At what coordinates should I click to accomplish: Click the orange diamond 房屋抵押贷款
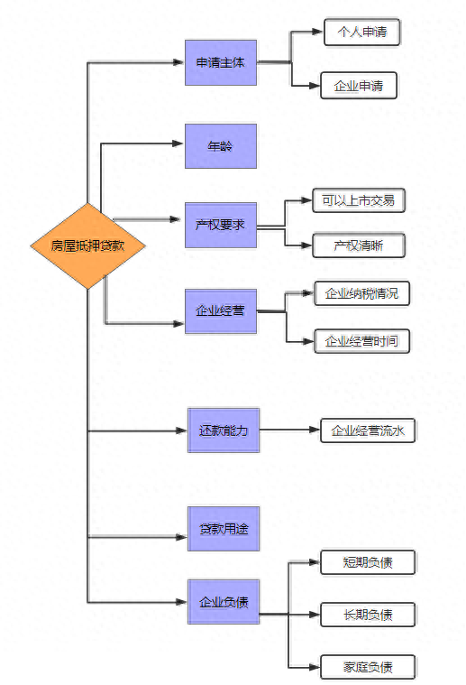click(x=87, y=245)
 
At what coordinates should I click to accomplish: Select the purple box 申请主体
click(x=220, y=62)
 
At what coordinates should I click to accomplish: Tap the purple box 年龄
click(x=220, y=145)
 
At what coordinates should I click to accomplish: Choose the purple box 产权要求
click(x=220, y=224)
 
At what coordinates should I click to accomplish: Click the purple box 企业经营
click(x=220, y=311)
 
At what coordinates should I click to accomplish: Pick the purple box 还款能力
click(x=223, y=430)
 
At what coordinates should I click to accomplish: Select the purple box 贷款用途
click(x=223, y=529)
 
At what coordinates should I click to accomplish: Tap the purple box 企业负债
click(x=223, y=601)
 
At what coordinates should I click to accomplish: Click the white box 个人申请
click(x=361, y=32)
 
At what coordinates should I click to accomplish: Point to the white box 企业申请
click(x=359, y=87)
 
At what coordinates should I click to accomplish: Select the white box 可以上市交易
click(x=358, y=200)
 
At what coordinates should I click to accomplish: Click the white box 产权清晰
click(x=358, y=245)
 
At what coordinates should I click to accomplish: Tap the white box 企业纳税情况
click(x=361, y=294)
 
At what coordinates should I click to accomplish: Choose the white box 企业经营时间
click(x=361, y=341)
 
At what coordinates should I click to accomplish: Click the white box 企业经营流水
click(x=368, y=430)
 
